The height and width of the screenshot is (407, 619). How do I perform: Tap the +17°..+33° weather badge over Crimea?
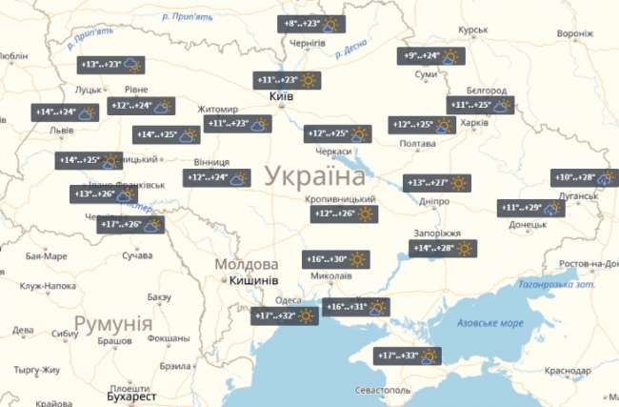[x=410, y=356]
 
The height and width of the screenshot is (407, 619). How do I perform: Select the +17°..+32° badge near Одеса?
[x=287, y=316]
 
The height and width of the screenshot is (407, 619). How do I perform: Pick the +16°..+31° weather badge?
[x=356, y=307]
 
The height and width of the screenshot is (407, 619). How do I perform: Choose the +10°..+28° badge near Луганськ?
[x=584, y=177]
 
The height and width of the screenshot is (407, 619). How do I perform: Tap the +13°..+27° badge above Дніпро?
[x=437, y=183]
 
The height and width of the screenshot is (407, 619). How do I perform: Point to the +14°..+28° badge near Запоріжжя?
[x=443, y=249]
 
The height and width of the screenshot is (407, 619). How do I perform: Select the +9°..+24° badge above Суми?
[x=431, y=56]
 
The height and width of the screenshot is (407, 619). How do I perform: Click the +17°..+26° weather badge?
[x=130, y=225]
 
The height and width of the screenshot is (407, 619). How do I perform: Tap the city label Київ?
[x=281, y=97]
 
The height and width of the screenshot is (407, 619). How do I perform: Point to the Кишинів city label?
[x=253, y=281]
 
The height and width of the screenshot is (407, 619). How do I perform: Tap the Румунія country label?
[x=112, y=324]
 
